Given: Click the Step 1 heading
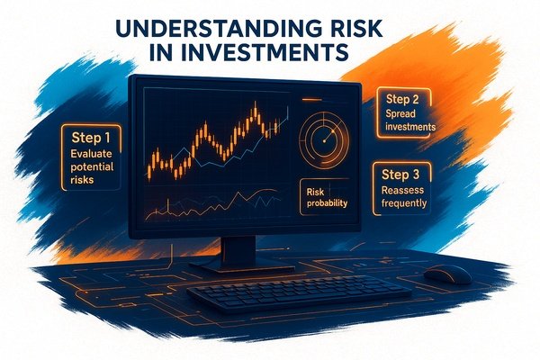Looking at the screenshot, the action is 91,138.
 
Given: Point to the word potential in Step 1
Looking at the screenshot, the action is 92,167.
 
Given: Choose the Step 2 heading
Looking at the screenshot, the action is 402,99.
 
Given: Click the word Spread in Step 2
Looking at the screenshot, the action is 400,114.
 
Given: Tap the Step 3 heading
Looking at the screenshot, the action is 400,175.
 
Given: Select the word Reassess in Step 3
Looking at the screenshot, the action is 402,190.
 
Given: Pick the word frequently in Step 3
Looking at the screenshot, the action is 404,203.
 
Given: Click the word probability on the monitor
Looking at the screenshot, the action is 327,203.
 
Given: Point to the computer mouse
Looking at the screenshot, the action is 447,274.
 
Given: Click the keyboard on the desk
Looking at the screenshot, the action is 299,292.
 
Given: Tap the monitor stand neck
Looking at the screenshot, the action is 238,250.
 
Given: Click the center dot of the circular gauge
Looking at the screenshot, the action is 324,141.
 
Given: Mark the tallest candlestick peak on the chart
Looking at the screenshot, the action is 256,102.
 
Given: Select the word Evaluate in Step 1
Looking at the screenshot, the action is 91,154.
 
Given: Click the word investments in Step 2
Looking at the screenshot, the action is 410,127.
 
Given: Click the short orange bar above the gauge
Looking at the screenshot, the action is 311,100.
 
